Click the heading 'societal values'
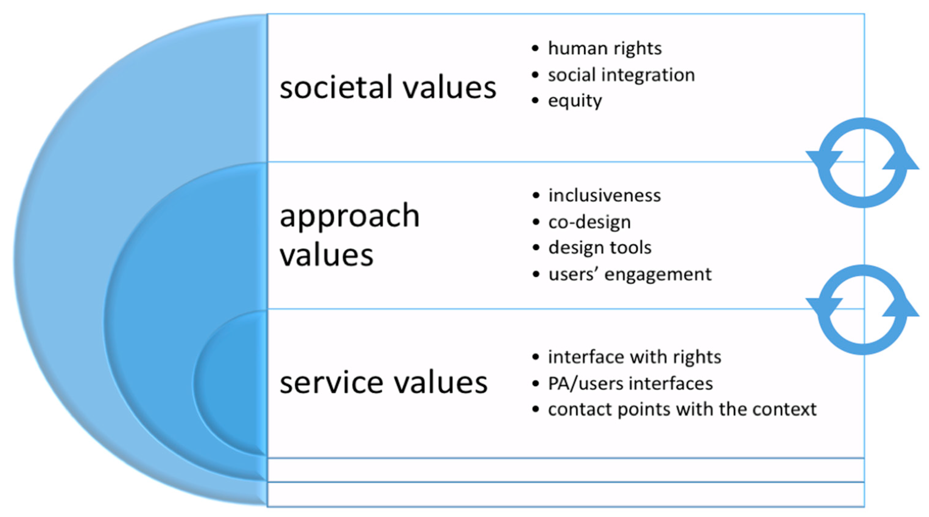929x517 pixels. [x=388, y=87]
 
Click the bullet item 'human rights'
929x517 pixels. [x=605, y=48]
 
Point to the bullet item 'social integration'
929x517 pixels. [x=621, y=75]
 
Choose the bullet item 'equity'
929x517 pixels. [x=575, y=101]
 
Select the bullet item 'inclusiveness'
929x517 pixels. [x=604, y=195]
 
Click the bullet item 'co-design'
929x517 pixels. [x=589, y=222]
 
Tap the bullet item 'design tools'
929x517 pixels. [x=600, y=248]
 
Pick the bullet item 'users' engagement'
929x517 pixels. [x=630, y=274]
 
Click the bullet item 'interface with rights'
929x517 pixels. [x=634, y=357]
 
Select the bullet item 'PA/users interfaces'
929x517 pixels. [x=630, y=383]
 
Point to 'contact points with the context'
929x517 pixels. [x=682, y=410]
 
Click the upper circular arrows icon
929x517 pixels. [x=863, y=163]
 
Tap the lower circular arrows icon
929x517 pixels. [x=863, y=310]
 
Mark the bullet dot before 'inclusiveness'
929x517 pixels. [x=536, y=195]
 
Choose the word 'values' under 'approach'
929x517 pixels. [x=326, y=255]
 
